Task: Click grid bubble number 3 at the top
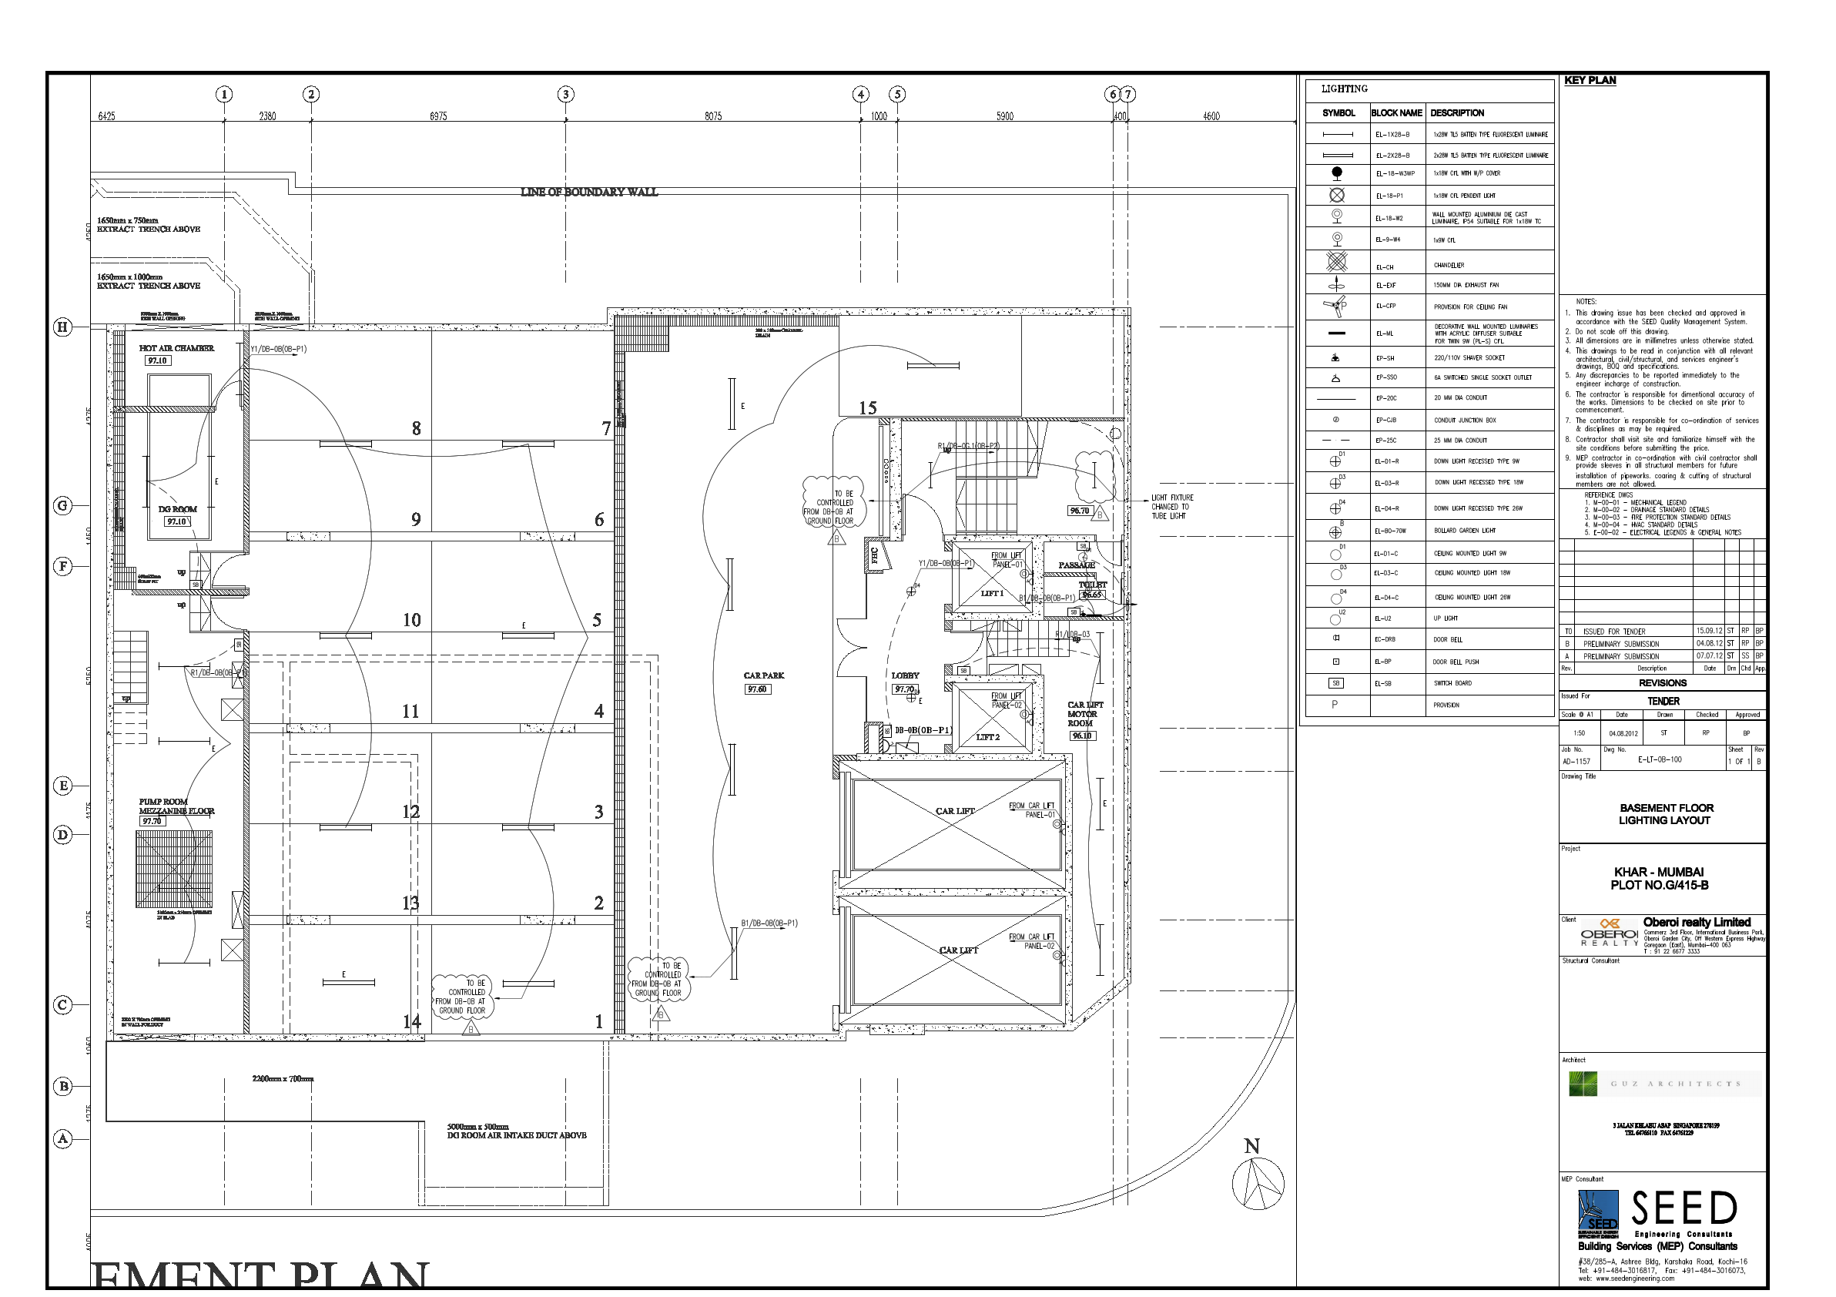565,95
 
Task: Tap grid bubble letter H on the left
62,327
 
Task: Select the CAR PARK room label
764,675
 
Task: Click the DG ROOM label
178,509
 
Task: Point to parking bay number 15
868,407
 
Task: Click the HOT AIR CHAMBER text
176,349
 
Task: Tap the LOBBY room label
905,675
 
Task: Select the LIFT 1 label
992,593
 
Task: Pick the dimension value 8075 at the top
713,117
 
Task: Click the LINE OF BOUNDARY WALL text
588,192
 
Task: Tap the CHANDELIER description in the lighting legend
1449,266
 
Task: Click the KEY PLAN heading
1590,81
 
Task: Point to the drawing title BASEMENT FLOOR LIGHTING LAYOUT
1667,814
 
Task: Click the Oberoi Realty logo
1609,933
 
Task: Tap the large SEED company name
1684,1209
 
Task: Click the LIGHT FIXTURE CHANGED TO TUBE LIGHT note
1171,507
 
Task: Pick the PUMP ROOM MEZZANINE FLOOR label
176,806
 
